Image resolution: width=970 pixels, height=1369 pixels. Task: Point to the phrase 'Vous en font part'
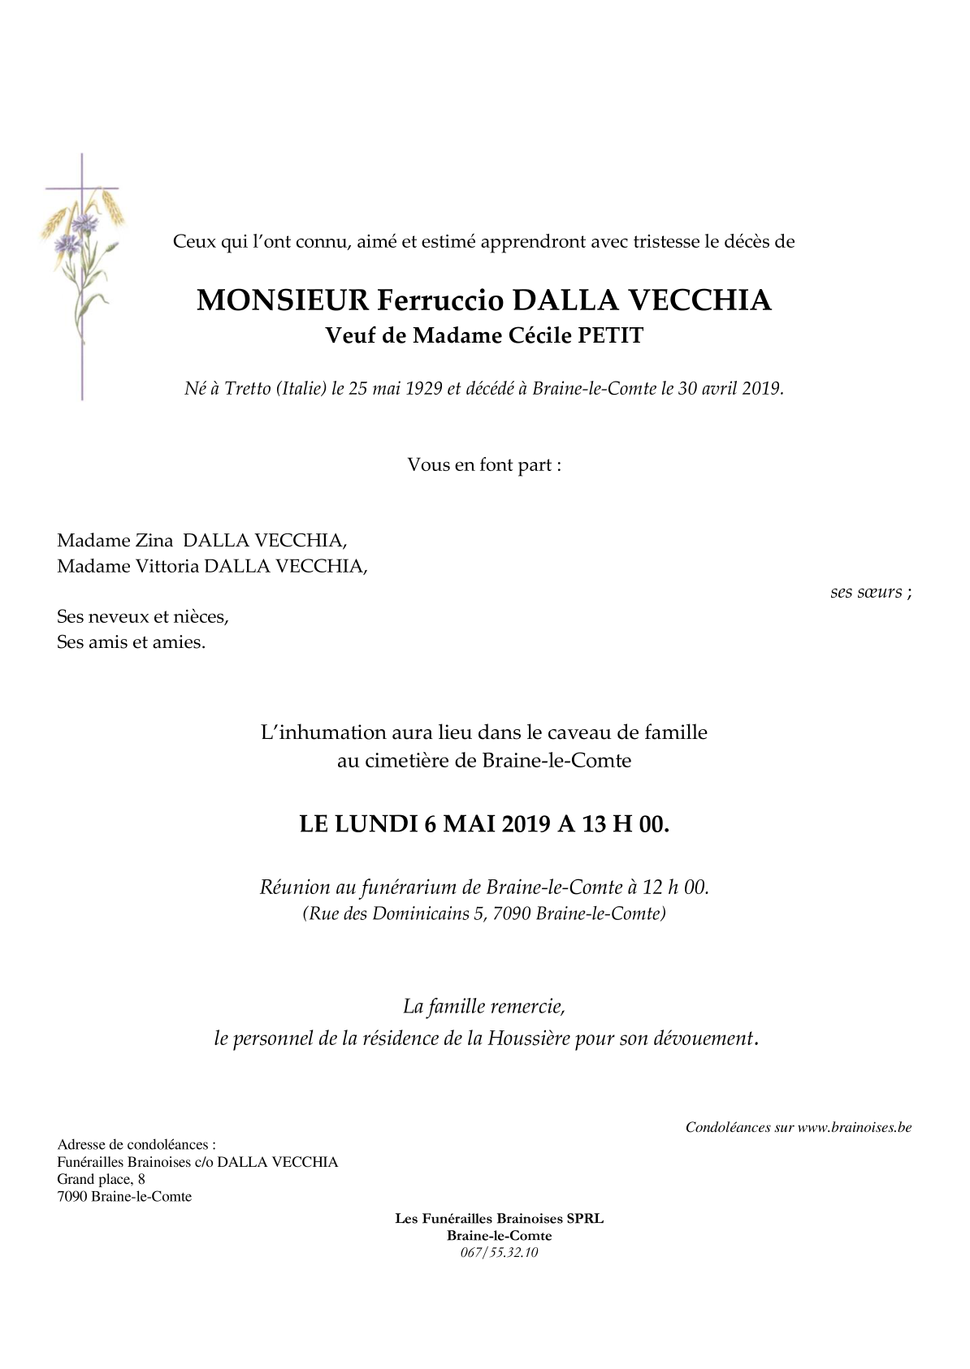click(484, 465)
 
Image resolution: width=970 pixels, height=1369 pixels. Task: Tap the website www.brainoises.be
click(854, 1127)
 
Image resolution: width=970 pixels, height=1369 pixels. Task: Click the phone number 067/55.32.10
click(499, 1251)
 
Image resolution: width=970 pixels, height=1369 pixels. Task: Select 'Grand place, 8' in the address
click(101, 1179)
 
